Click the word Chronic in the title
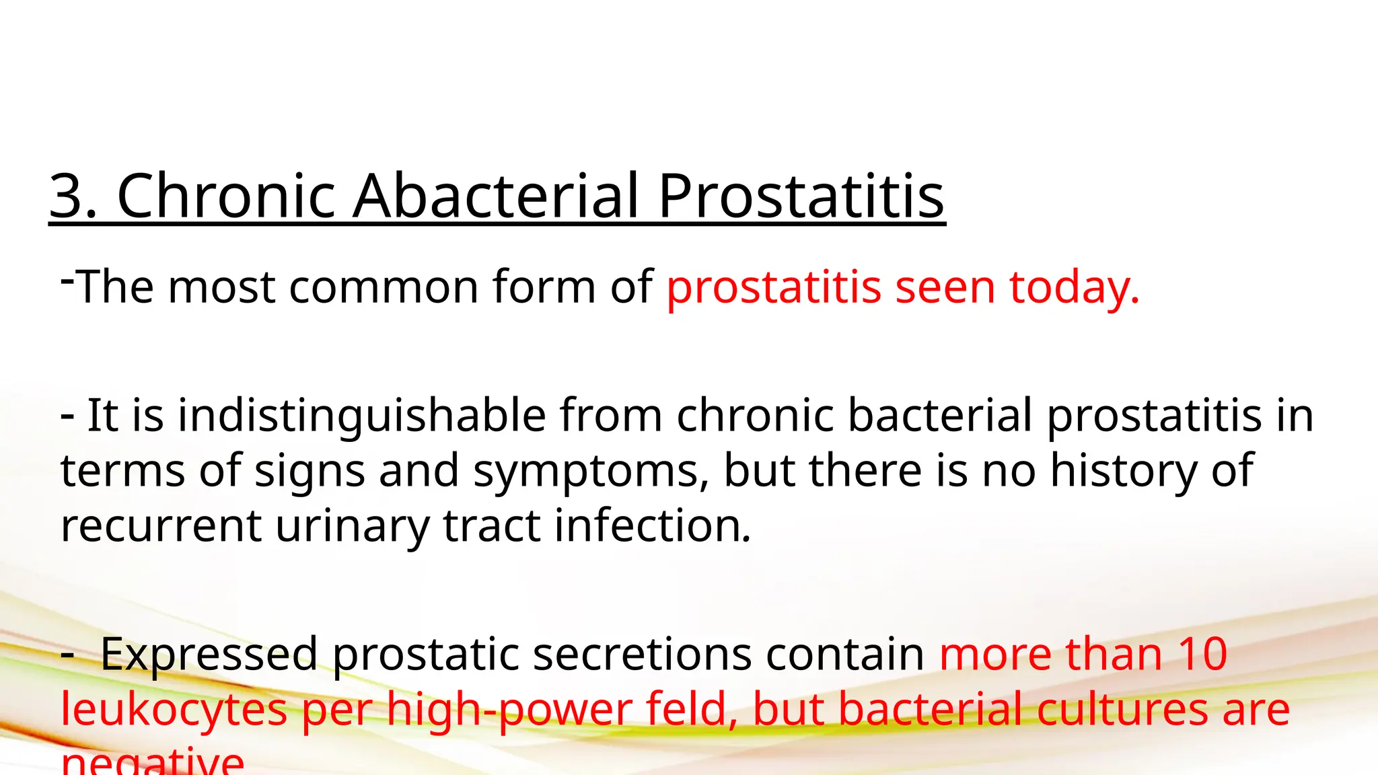coord(226,196)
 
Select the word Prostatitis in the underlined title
coord(801,196)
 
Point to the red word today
coord(1075,287)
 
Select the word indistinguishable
coord(361,415)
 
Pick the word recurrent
coord(161,525)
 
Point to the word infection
coord(652,525)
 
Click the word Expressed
coord(209,654)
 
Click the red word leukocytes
coord(174,710)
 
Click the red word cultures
coord(1122,710)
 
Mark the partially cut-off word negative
coord(152,762)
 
